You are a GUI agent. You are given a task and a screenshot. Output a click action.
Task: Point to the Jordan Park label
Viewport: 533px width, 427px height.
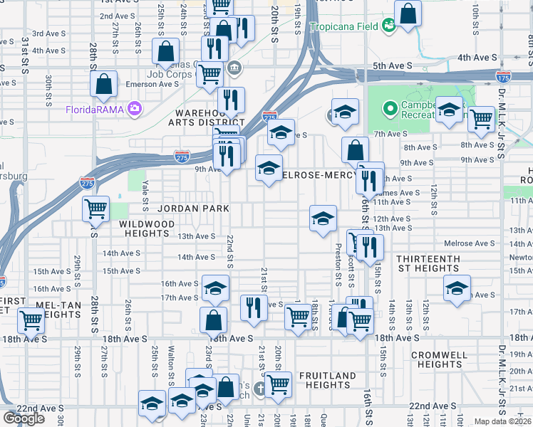click(x=193, y=209)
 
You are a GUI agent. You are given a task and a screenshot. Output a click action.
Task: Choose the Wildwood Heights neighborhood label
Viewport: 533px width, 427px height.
click(x=147, y=228)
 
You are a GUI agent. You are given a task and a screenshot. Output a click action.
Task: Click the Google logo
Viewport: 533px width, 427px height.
click(x=24, y=418)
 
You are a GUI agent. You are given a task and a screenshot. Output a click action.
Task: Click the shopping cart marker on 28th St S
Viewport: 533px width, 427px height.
click(x=95, y=209)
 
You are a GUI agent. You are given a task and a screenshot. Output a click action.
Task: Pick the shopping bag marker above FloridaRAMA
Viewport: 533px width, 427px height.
click(x=104, y=83)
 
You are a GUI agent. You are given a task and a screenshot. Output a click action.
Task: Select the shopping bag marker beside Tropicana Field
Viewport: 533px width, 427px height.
click(x=408, y=14)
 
